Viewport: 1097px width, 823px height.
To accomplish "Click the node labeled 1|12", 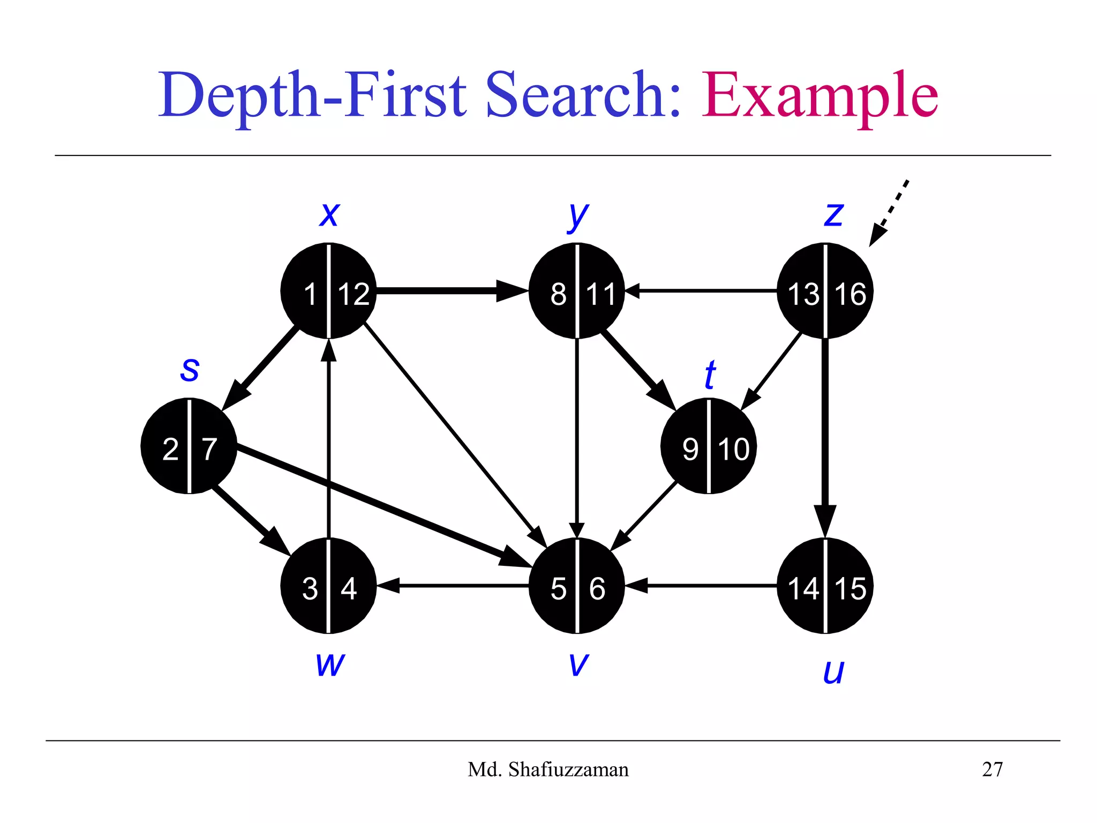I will [x=328, y=291].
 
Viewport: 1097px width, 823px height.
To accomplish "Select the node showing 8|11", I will [x=576, y=291].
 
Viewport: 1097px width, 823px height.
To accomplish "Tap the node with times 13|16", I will [x=825, y=291].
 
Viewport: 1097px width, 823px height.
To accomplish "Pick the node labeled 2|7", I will [x=189, y=446].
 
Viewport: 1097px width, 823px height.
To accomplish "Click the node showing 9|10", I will [x=708, y=446].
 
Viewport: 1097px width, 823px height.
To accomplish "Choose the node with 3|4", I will [x=328, y=586].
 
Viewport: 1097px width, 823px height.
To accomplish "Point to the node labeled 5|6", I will [x=576, y=586].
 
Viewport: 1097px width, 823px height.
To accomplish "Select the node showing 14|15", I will [x=825, y=586].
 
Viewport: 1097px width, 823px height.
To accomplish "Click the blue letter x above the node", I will [x=329, y=215].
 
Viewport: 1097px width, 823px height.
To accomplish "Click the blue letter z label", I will [x=833, y=215].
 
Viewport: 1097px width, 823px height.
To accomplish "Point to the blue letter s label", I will [x=190, y=369].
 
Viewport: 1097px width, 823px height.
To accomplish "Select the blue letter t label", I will [x=710, y=375].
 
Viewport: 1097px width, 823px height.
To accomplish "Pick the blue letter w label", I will [x=330, y=664].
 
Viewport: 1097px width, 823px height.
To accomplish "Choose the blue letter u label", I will [x=833, y=672].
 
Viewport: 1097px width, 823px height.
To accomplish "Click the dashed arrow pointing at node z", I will [x=890, y=212].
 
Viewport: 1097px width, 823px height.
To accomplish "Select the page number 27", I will [x=992, y=769].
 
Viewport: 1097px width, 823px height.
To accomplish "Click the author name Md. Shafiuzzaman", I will [x=548, y=769].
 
